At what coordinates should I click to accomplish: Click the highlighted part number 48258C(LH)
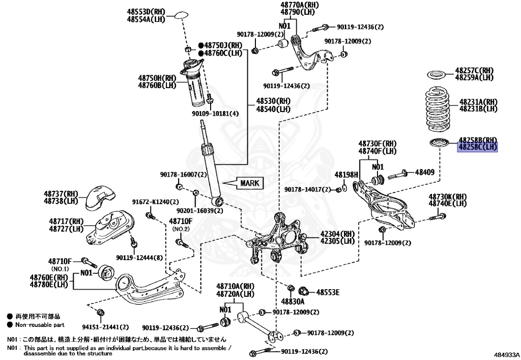click(477, 147)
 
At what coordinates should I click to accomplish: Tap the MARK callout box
click(249, 183)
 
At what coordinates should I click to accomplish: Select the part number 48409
click(424, 173)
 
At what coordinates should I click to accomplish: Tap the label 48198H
click(346, 174)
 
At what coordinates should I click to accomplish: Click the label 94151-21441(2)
click(106, 327)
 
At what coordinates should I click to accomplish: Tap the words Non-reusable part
click(40, 324)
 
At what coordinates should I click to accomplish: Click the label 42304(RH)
click(337, 234)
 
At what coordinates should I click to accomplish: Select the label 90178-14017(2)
click(308, 189)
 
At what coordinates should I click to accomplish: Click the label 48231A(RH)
click(478, 102)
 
